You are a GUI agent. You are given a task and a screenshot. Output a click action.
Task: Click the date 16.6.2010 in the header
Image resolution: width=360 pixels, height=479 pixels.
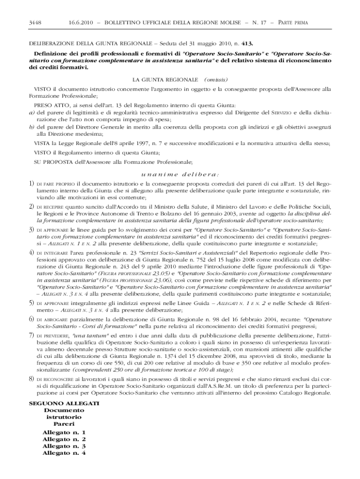82,22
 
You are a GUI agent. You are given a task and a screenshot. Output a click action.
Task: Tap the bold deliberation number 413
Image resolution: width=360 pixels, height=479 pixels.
248,44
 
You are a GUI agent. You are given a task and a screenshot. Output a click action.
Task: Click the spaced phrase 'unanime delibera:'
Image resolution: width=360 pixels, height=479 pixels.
180,174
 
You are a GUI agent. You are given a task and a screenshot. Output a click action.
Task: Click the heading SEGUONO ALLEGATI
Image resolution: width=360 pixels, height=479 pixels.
64,403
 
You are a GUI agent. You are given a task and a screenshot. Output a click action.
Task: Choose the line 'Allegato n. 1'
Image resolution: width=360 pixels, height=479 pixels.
64,433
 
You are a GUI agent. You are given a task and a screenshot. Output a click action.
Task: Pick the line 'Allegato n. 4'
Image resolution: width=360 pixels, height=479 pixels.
64,453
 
